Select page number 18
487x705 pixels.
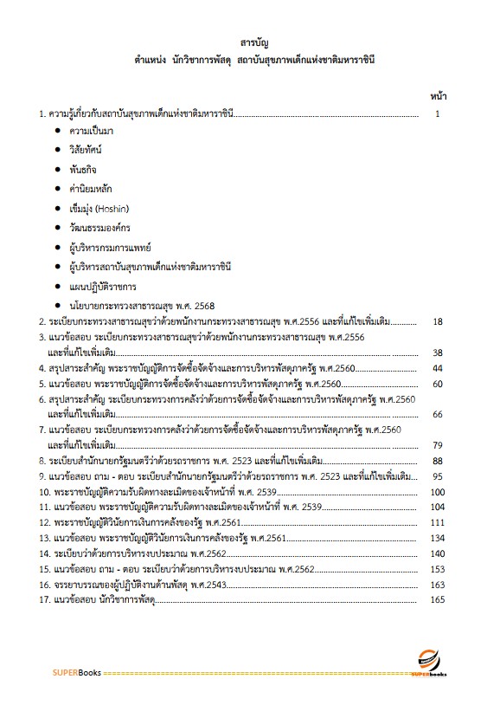pyautogui.click(x=438, y=322)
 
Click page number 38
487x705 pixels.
pyautogui.click(x=438, y=352)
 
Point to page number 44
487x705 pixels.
pyautogui.click(x=438, y=368)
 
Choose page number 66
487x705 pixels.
pyautogui.click(x=438, y=414)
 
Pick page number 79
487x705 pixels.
pyautogui.click(x=438, y=445)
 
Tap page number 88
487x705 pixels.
pyautogui.click(x=438, y=461)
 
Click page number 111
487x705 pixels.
pyautogui.click(x=438, y=522)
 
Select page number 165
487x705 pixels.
pyautogui.click(x=437, y=599)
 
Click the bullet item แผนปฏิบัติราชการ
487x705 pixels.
pyautogui.click(x=102, y=286)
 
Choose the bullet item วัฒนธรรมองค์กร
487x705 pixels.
pyautogui.click(x=98, y=228)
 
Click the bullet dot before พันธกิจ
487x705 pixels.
pyautogui.click(x=57, y=170)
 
